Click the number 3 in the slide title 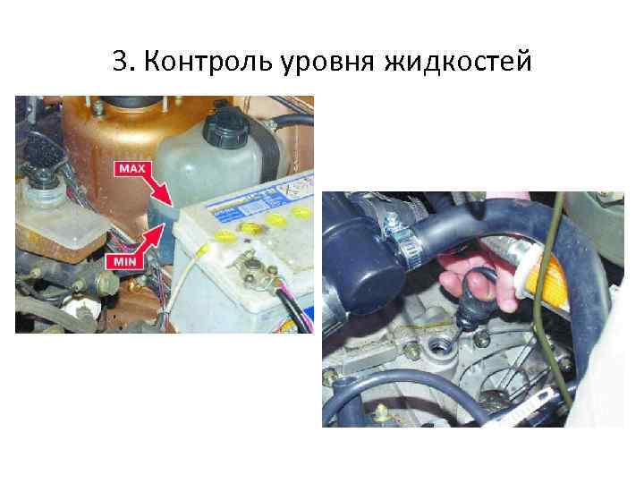click(x=122, y=62)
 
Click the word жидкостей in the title click(x=458, y=62)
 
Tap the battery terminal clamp click(x=256, y=268)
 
